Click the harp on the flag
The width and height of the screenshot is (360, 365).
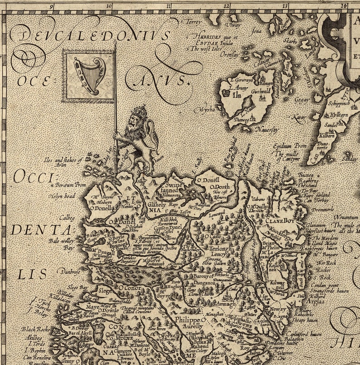[x=89, y=75]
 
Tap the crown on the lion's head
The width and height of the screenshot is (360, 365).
[x=140, y=112]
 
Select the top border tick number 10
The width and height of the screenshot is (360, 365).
[x=109, y=6]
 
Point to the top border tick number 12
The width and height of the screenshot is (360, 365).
[x=226, y=6]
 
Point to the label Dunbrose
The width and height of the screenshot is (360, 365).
[x=69, y=271]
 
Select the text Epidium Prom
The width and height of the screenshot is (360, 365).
[x=290, y=146]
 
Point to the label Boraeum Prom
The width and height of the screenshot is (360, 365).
[x=70, y=185]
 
